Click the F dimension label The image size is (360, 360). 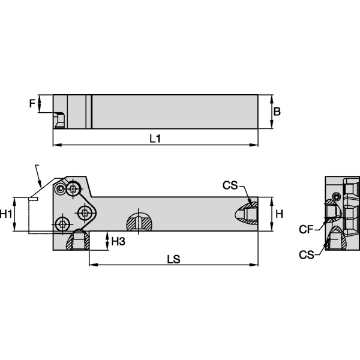tap(32, 103)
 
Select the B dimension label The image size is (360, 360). tap(277, 112)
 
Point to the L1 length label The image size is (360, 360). tap(155, 139)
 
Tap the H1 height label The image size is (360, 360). tap(7, 214)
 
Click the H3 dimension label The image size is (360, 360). tap(118, 241)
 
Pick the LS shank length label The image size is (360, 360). tap(174, 259)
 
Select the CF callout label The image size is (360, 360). tap(306, 229)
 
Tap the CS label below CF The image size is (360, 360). tap(306, 255)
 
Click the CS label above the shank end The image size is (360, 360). tap(230, 186)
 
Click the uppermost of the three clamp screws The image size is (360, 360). tap(73, 190)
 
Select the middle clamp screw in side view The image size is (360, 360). tap(86, 212)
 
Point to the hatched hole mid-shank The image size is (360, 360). tap(139, 222)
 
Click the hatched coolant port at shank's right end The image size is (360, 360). tap(247, 214)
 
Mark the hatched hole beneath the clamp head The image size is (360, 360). tap(77, 241)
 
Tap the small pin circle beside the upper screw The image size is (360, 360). tap(59, 189)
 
